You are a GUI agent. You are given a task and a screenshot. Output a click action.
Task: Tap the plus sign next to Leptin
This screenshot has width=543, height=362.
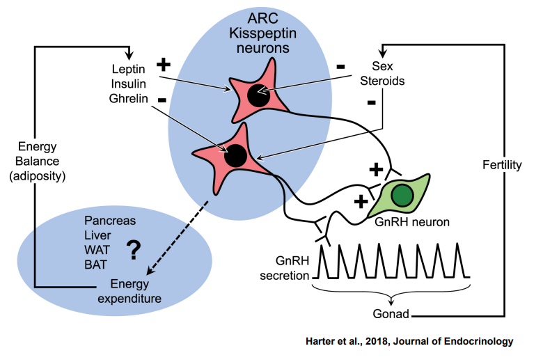coord(163,65)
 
